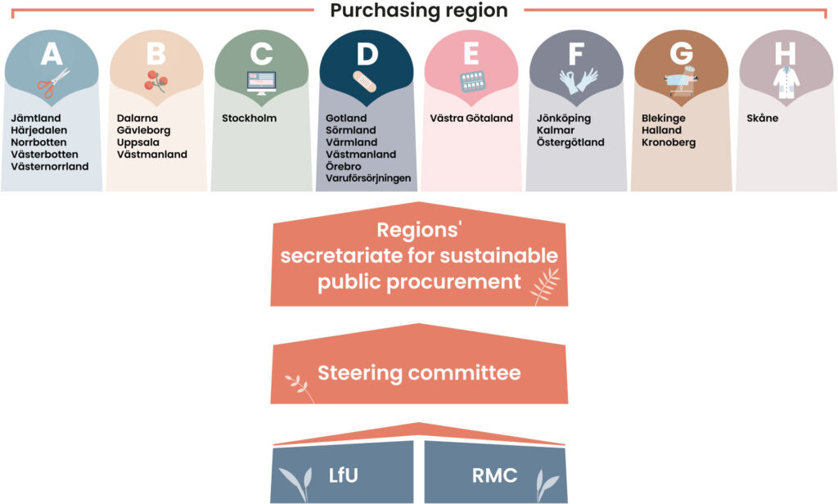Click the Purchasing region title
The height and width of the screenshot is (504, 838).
[418, 11]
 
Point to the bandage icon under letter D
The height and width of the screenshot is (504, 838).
[364, 82]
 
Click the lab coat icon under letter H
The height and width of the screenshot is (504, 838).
[785, 82]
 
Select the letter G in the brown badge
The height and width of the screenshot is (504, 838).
[681, 54]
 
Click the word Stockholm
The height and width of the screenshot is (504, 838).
[250, 118]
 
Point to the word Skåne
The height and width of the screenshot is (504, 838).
[763, 118]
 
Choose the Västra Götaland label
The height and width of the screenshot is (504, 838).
[471, 118]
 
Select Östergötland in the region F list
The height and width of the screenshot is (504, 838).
[570, 142]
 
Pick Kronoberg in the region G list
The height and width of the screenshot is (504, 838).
[669, 142]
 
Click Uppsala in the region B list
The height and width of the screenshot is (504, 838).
[137, 142]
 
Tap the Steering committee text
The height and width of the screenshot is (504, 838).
[419, 374]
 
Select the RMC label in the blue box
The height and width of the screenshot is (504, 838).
[495, 475]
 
